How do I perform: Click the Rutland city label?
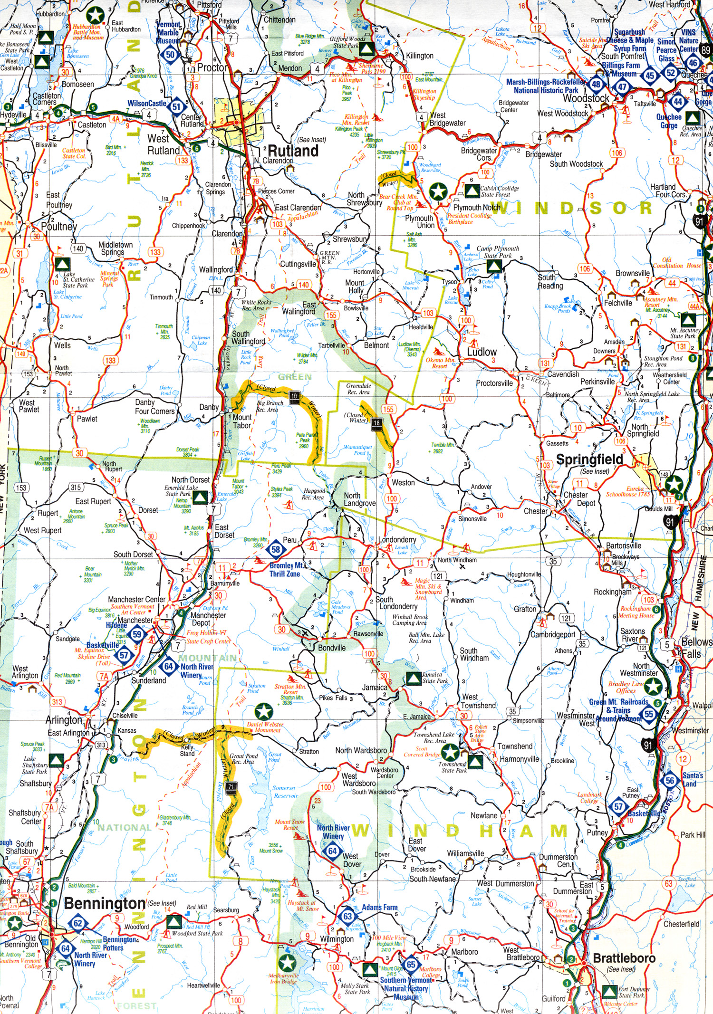293,151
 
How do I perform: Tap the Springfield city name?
589,459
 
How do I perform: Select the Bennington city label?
105,903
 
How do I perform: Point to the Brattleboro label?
624,958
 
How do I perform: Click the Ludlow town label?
482,352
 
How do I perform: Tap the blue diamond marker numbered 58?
276,550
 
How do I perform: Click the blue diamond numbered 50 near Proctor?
171,55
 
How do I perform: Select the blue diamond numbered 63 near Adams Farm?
347,916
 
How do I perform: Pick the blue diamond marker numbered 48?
596,85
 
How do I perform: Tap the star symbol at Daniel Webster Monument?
263,712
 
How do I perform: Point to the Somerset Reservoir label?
285,792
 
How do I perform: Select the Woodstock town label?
586,98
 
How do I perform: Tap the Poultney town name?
58,226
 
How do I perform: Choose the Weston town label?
403,483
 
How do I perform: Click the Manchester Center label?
136,600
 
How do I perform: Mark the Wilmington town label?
337,939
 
